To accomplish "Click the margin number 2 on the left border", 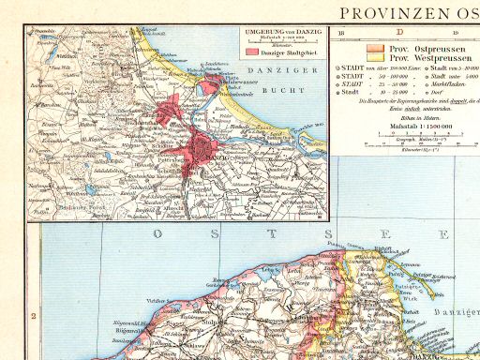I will click(33, 315).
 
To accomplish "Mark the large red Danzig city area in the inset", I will click(201, 147).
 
